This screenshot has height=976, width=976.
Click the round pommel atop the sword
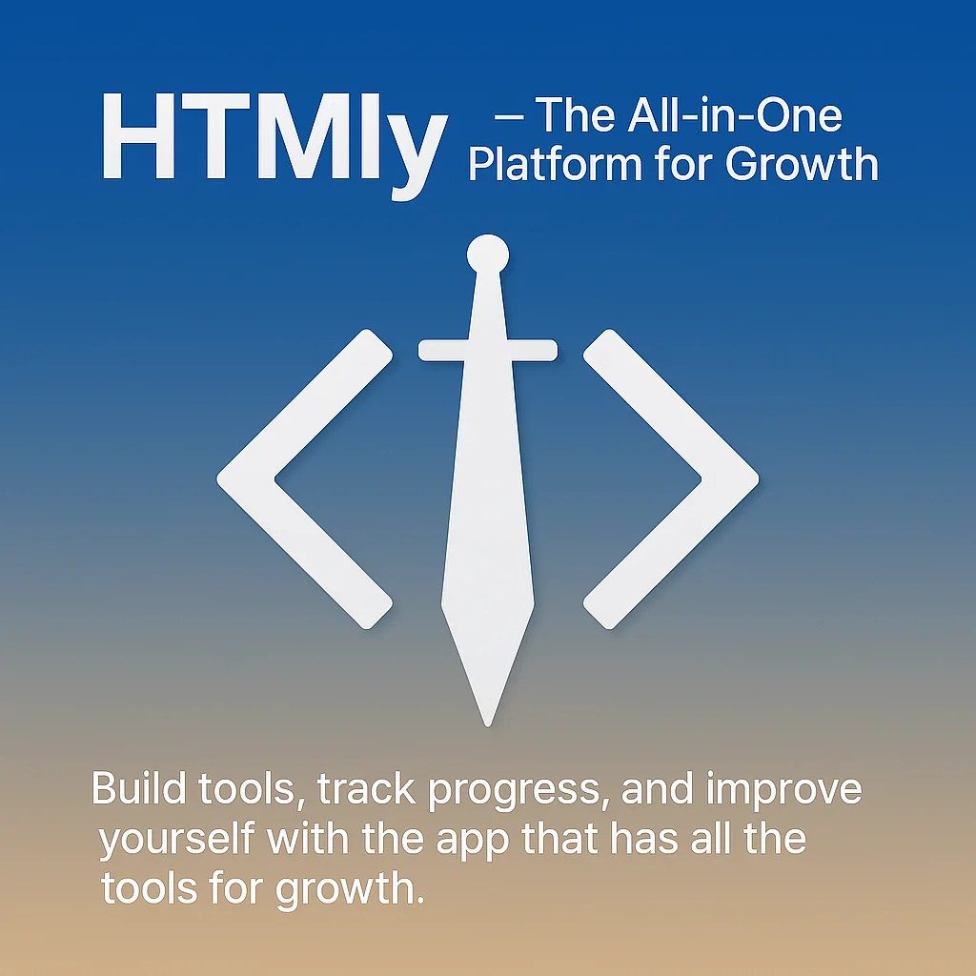coord(488,254)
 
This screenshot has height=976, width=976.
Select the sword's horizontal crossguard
coord(488,350)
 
